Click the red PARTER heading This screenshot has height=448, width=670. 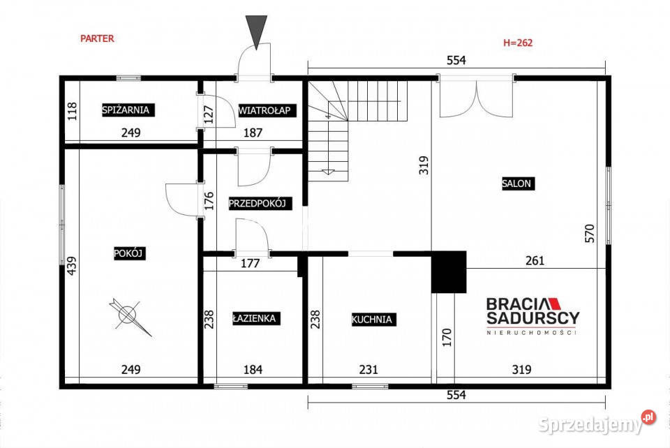[98, 38]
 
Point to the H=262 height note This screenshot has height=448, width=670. [518, 43]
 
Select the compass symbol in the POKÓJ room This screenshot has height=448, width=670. [129, 316]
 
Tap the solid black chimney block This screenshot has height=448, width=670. [449, 272]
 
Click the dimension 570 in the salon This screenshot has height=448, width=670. [590, 233]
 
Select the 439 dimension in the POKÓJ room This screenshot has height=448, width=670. [72, 265]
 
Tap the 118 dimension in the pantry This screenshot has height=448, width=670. [72, 111]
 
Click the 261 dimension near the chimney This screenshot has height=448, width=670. [535, 260]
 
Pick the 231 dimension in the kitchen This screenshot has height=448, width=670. [368, 369]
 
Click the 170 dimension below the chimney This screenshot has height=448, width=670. [447, 337]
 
